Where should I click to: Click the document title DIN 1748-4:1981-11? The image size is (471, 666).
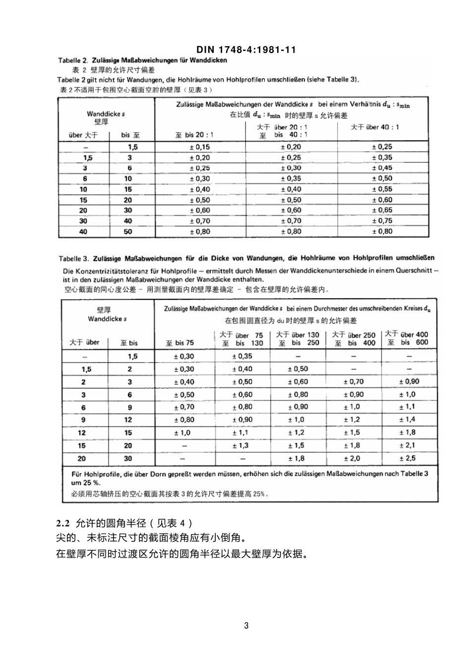[246, 50]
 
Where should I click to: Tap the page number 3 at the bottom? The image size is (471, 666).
[246, 625]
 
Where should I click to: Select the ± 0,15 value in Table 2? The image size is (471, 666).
[199, 147]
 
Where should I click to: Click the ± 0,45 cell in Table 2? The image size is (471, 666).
[382, 168]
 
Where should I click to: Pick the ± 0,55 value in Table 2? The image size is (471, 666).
[382, 189]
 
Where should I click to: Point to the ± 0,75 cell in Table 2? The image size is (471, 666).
[382, 221]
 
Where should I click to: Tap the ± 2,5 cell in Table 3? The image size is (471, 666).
[408, 458]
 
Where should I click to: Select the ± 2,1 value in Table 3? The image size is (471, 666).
[408, 445]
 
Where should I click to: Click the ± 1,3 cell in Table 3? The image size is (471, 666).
[241, 445]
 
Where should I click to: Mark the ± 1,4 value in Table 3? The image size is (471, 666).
[408, 420]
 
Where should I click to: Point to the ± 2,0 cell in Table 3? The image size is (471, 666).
[352, 458]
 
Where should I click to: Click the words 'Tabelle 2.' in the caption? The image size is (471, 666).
[73, 60]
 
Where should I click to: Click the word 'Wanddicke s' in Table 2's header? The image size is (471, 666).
[106, 114]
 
